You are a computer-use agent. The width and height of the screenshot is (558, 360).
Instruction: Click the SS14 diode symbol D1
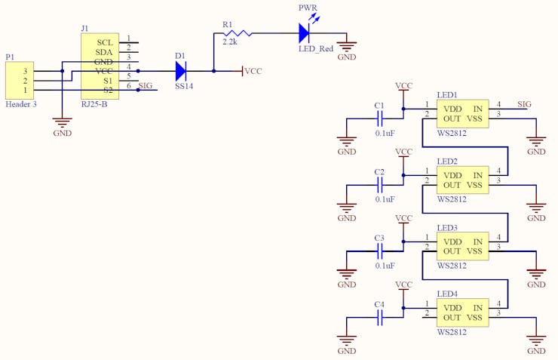pyautogui.click(x=181, y=71)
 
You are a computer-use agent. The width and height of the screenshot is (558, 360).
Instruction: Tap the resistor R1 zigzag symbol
pyautogui.click(x=238, y=33)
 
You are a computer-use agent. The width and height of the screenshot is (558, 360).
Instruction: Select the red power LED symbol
pyautogui.click(x=305, y=33)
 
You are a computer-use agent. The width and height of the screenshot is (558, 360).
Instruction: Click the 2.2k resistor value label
pyautogui.click(x=230, y=42)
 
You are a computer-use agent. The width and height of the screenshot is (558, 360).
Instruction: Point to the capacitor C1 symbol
pyautogui.click(x=380, y=118)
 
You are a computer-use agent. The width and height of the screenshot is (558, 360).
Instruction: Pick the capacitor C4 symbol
pyautogui.click(x=380, y=317)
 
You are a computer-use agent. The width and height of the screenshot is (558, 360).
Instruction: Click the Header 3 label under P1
pyautogui.click(x=21, y=104)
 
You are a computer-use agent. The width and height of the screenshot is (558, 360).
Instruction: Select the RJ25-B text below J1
pyautogui.click(x=94, y=104)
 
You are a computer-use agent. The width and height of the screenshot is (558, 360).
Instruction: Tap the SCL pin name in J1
pyautogui.click(x=105, y=42)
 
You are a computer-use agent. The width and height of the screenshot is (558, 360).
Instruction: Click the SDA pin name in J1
pyautogui.click(x=104, y=52)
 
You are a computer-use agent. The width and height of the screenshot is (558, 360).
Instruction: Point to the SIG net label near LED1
pyautogui.click(x=524, y=104)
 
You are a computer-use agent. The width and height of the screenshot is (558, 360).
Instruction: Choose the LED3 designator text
pyautogui.click(x=447, y=227)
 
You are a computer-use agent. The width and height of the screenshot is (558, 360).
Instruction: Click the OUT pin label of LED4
pyautogui.click(x=452, y=318)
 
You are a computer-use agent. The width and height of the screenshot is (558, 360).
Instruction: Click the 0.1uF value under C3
pyautogui.click(x=385, y=266)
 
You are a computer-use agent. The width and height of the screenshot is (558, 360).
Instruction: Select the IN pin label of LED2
pyautogui.click(x=477, y=175)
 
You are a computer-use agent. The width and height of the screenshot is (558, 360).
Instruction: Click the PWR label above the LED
pyautogui.click(x=308, y=8)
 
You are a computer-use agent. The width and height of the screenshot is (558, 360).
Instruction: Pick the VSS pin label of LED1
pyautogui.click(x=474, y=118)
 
